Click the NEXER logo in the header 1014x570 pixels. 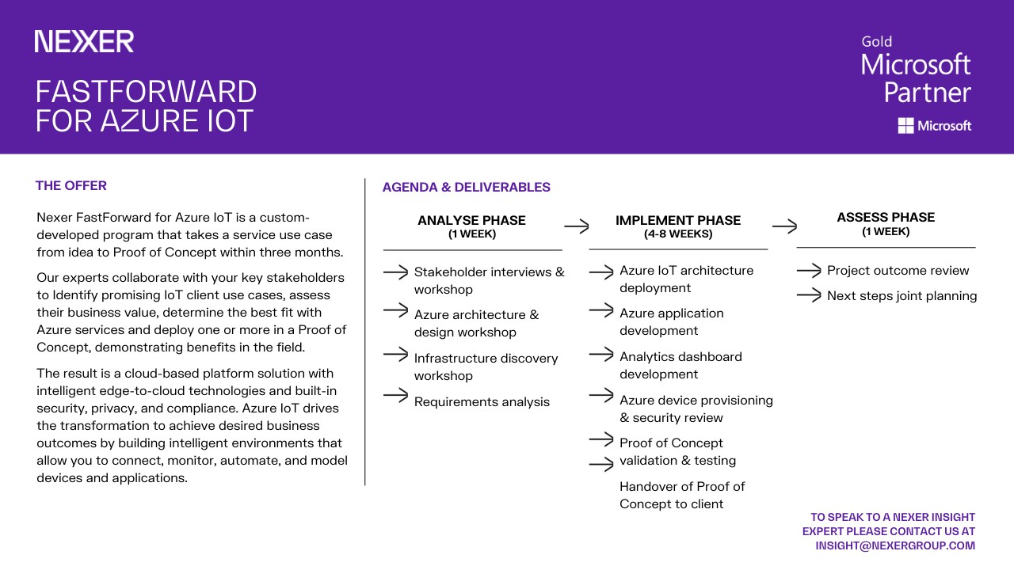(84, 42)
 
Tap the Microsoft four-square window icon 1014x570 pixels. (905, 125)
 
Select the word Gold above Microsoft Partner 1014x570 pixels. (876, 41)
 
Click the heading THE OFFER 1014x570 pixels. (71, 186)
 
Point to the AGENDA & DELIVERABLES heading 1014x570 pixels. (466, 188)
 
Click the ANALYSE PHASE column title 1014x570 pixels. (471, 221)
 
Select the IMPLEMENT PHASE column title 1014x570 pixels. (677, 221)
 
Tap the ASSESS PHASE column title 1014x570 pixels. (886, 218)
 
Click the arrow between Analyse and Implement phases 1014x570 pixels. (577, 226)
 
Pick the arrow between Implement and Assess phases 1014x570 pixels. (784, 226)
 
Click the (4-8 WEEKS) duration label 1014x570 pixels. (677, 234)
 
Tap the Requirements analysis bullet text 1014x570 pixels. (482, 402)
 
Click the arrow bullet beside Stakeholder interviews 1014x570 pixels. (395, 272)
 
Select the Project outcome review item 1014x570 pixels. (898, 271)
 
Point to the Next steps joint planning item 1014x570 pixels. (902, 296)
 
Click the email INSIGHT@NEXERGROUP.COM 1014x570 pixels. (895, 545)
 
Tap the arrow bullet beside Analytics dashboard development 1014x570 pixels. (601, 354)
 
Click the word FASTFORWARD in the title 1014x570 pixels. (146, 92)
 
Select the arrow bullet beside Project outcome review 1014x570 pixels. (809, 271)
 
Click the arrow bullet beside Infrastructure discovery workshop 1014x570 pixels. (395, 354)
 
